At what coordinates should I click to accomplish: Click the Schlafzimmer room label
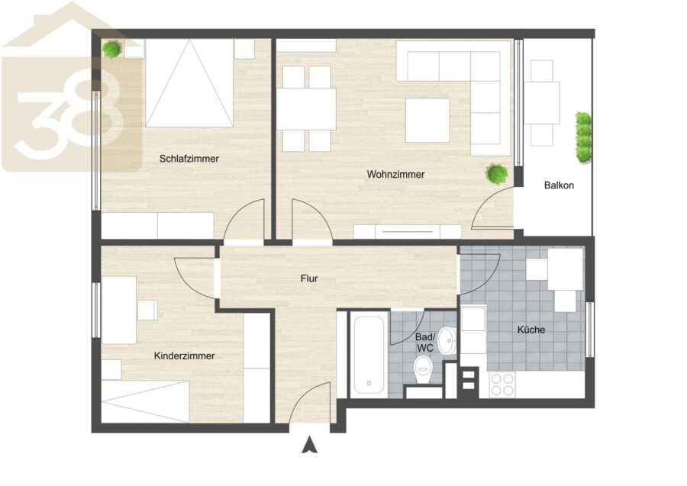click(x=189, y=159)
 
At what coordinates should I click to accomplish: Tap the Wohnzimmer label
click(x=395, y=174)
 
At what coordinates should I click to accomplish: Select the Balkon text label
click(x=559, y=185)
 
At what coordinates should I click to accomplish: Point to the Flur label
click(x=309, y=278)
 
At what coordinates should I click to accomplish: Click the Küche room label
click(x=531, y=330)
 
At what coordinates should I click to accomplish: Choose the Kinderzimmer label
click(x=185, y=356)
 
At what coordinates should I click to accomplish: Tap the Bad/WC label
click(x=425, y=343)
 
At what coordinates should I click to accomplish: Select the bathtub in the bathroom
click(x=369, y=355)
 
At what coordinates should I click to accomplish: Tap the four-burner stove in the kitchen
click(x=502, y=385)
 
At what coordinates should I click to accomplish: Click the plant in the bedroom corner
click(x=113, y=49)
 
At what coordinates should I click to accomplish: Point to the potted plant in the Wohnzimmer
click(x=497, y=174)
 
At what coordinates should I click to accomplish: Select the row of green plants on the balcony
click(x=583, y=137)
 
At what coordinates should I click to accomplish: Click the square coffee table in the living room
click(x=427, y=121)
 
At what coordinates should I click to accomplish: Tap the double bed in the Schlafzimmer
click(x=189, y=83)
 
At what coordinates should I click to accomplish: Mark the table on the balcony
click(x=541, y=103)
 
